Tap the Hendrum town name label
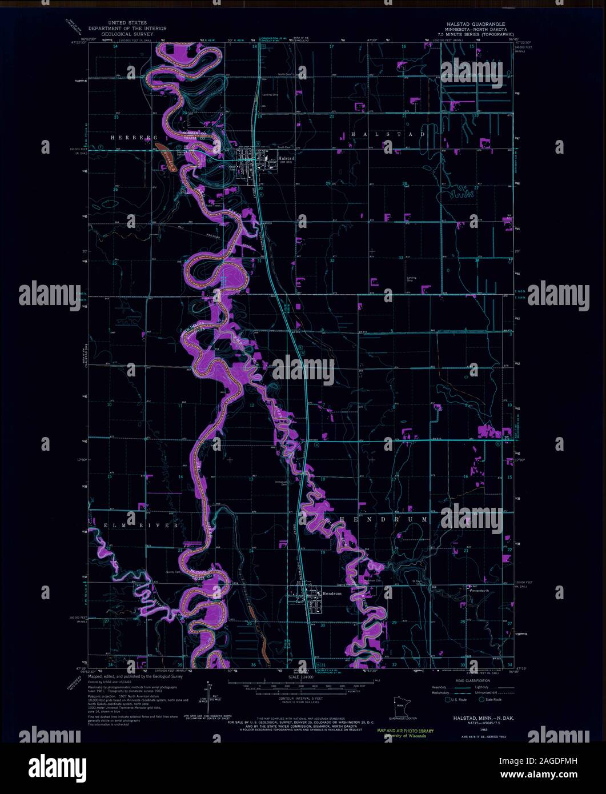point(315,594)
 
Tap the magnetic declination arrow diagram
point(210,694)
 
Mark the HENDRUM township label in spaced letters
point(383,520)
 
